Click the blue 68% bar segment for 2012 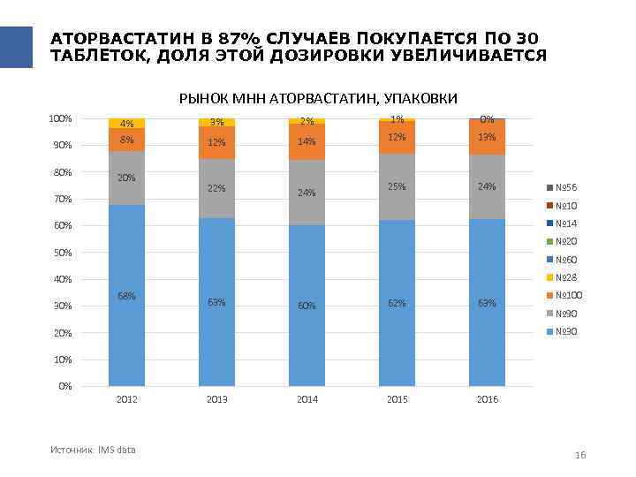tap(126, 295)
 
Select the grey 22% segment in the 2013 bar tap(216, 188)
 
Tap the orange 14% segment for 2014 tap(307, 141)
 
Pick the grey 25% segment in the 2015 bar tap(397, 186)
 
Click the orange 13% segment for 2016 tap(487, 137)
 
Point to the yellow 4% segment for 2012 tap(126, 124)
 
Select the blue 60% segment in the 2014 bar tap(307, 306)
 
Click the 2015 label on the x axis tap(397, 400)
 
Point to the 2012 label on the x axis tap(126, 400)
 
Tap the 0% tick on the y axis tap(64, 387)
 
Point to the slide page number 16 tap(580, 455)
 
